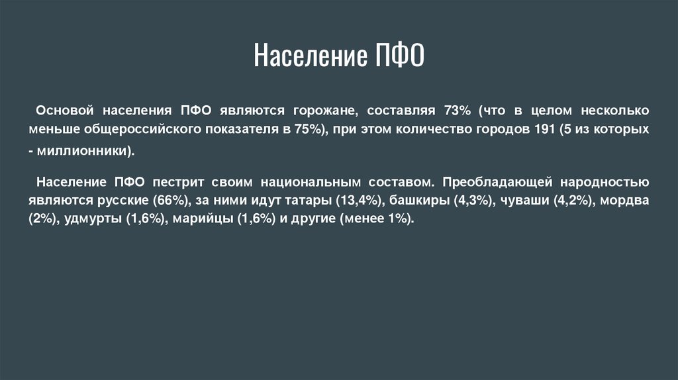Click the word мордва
click(625, 200)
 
